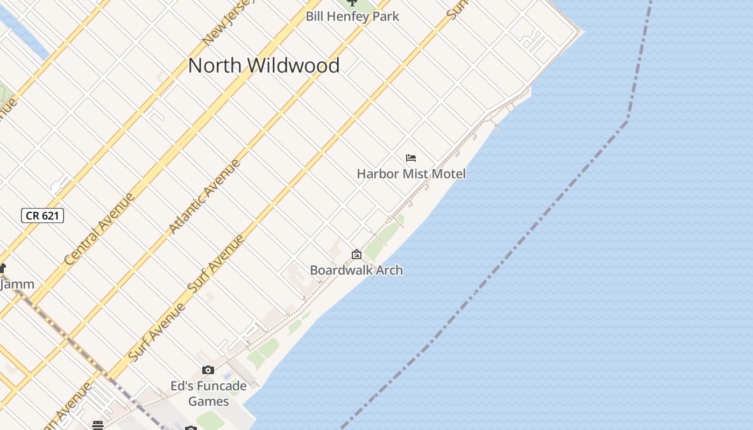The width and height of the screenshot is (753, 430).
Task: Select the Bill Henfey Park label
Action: point(352,16)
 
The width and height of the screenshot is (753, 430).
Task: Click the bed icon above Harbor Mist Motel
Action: point(411,158)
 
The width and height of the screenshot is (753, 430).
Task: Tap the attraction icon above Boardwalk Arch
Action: point(356,254)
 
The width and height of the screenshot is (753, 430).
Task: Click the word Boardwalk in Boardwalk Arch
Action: point(342,270)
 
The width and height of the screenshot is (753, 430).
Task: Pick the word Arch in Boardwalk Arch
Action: point(389,270)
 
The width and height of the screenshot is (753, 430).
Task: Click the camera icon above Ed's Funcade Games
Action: point(208,370)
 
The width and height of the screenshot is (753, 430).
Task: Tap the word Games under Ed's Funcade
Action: point(209,401)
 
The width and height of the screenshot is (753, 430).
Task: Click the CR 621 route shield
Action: point(42,216)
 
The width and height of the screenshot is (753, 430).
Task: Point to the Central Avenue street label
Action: point(100,228)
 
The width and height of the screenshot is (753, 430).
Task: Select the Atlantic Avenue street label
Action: point(204,196)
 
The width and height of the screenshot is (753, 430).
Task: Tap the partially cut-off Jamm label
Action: point(17,284)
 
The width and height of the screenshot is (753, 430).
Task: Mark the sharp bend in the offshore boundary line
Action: point(628,120)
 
